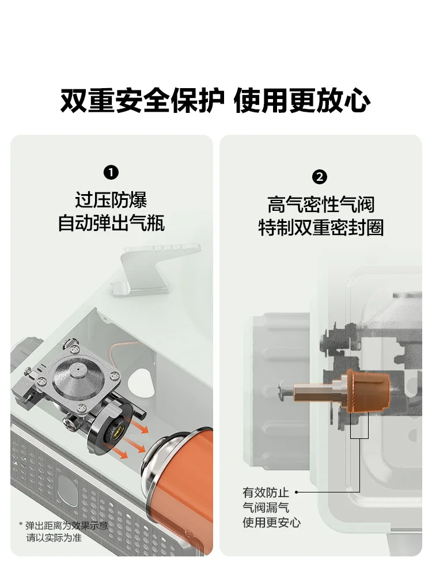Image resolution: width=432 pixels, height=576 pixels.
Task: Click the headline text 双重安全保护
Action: [x=142, y=100]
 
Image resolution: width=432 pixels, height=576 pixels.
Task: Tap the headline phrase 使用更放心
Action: [x=302, y=100]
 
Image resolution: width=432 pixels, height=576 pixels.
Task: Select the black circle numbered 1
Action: [x=111, y=172]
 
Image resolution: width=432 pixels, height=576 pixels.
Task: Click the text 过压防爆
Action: [x=111, y=200]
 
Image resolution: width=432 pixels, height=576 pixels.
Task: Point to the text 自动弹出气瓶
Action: [x=111, y=223]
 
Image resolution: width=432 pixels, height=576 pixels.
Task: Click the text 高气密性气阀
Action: [x=320, y=204]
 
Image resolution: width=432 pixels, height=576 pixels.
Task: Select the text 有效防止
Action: [x=266, y=492]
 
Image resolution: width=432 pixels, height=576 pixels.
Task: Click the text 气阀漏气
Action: [x=266, y=507]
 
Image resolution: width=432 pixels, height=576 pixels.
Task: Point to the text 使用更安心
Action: [x=271, y=522]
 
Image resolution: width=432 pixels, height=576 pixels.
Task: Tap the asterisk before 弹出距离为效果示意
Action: [x=21, y=525]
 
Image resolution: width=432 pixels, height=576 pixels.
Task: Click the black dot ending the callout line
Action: [x=297, y=492]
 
